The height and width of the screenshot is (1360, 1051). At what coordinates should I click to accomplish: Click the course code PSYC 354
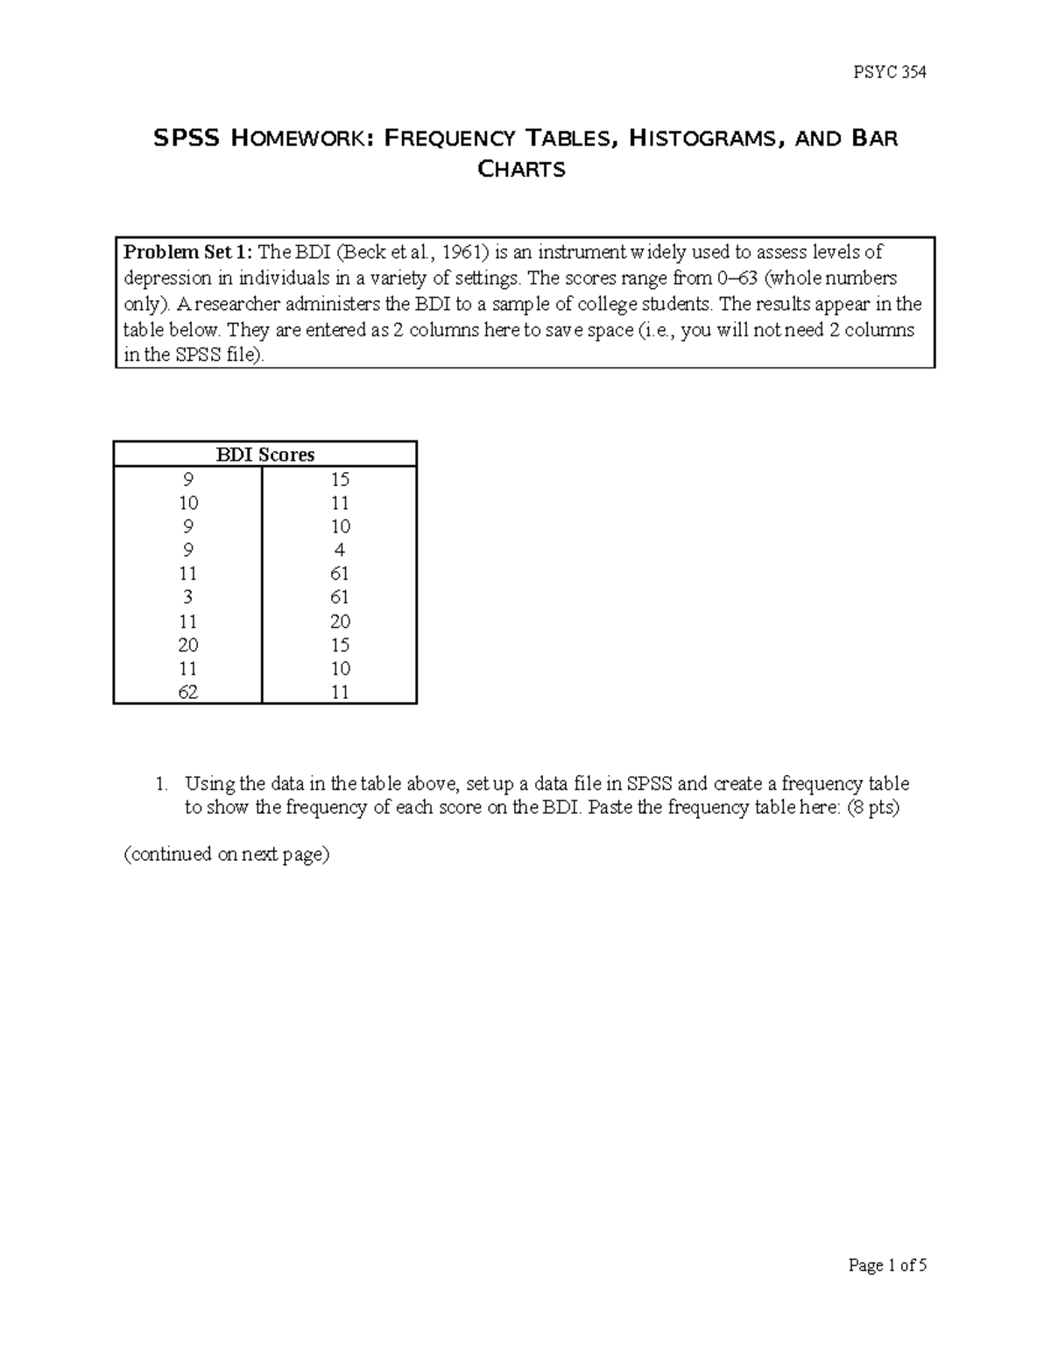[889, 73]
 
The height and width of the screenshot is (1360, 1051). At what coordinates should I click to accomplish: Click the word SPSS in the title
[186, 138]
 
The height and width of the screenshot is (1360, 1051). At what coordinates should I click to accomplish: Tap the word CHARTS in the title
[522, 170]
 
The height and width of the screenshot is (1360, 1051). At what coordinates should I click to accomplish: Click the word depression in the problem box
[163, 278]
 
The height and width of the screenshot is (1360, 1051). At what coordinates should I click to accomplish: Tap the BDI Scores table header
[265, 455]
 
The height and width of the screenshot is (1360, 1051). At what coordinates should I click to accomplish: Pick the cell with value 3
[188, 597]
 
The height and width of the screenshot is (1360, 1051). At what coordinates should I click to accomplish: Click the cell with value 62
[188, 692]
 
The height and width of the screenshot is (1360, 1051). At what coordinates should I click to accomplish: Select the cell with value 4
[340, 550]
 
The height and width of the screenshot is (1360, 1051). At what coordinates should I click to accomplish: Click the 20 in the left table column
[188, 645]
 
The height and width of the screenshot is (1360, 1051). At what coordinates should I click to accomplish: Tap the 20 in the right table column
[340, 621]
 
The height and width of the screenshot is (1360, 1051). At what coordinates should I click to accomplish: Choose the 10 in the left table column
[188, 503]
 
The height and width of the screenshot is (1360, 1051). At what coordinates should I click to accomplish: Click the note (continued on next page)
[227, 855]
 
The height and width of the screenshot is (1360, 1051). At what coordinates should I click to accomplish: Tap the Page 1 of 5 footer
[887, 1265]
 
